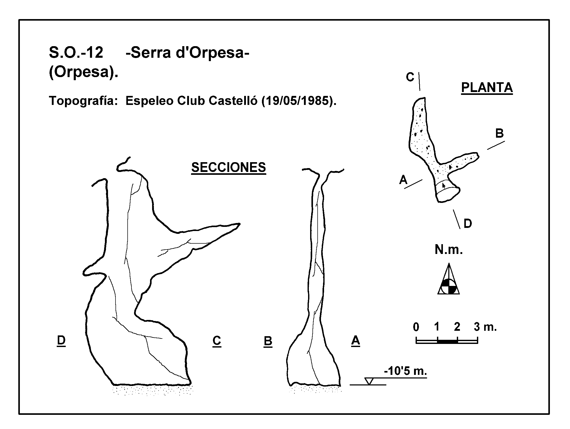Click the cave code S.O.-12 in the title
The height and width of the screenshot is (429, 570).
[x=76, y=53]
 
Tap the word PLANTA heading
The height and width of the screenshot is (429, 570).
[x=487, y=87]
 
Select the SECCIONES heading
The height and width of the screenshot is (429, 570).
[x=228, y=167]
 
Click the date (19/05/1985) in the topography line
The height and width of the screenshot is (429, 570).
[x=299, y=101]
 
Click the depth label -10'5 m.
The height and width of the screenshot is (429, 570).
[x=406, y=371]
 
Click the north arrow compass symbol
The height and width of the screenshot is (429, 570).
[x=449, y=279]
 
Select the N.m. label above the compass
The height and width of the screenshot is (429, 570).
[x=449, y=250]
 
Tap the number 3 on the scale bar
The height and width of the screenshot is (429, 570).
[x=477, y=327]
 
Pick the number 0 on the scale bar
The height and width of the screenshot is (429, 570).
[x=416, y=327]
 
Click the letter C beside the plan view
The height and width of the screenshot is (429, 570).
[x=410, y=77]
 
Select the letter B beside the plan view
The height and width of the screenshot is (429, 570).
[x=499, y=134]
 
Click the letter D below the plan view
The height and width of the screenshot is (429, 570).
[x=468, y=224]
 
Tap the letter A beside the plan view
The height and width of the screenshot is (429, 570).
[x=403, y=180]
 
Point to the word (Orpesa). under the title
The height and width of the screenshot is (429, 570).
[x=83, y=72]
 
